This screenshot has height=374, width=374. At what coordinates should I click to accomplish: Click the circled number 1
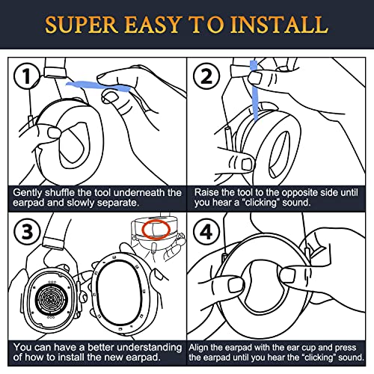tap(27, 76)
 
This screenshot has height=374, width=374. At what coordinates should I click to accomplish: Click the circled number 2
tap(206, 76)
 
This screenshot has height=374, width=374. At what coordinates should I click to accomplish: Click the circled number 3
tap(27, 232)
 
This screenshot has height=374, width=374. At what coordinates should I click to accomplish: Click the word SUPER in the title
tap(82, 25)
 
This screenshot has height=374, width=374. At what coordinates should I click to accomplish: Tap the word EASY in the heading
tap(153, 25)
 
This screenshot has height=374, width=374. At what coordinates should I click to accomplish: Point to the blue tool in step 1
tap(98, 86)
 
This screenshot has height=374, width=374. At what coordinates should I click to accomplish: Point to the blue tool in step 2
tap(255, 91)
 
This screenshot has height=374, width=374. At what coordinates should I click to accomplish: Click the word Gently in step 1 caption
tap(28, 193)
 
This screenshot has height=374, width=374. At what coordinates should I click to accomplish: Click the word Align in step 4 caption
tap(197, 348)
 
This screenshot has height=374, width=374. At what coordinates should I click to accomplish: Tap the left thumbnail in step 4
tap(236, 285)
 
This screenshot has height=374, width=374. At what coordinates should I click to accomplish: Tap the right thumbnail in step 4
tap(287, 275)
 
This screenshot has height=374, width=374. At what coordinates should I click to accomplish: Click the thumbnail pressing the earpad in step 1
tap(54, 132)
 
